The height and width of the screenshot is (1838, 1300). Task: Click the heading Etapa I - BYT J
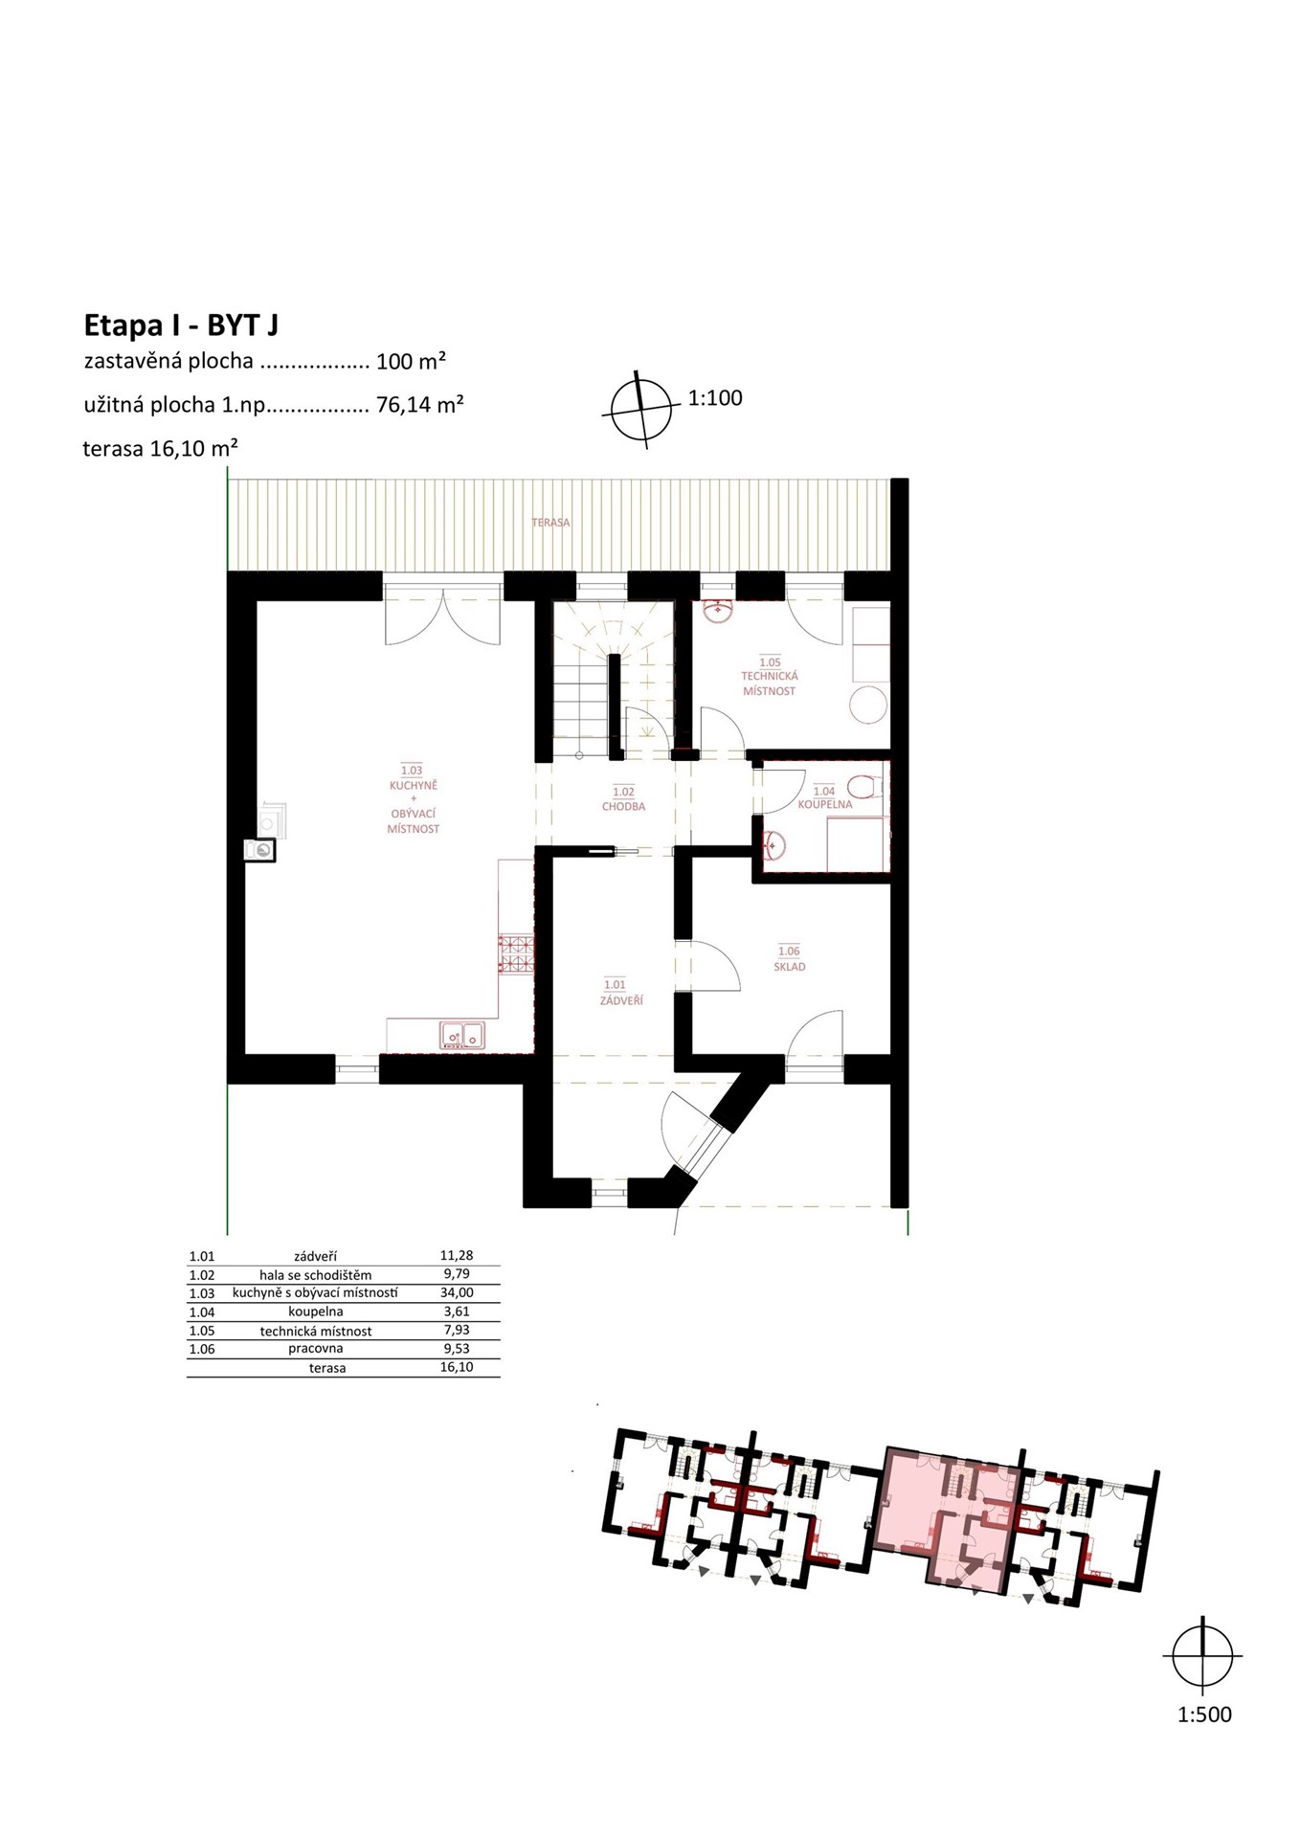pyautogui.click(x=181, y=325)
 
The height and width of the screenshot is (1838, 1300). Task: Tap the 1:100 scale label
pyautogui.click(x=715, y=398)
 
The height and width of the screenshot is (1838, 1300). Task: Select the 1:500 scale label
pyautogui.click(x=1204, y=1715)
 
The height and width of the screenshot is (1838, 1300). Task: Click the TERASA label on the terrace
pyautogui.click(x=550, y=523)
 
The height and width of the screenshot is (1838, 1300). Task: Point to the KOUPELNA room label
pyautogui.click(x=824, y=804)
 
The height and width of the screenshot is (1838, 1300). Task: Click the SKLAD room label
pyautogui.click(x=790, y=967)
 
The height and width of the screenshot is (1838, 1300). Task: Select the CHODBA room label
pyautogui.click(x=623, y=806)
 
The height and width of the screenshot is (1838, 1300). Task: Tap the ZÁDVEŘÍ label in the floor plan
pyautogui.click(x=621, y=1000)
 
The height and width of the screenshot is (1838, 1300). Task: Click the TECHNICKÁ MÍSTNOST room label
pyautogui.click(x=770, y=684)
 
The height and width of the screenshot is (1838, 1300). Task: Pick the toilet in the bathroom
pyautogui.click(x=862, y=786)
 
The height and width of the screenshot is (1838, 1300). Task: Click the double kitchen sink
pyautogui.click(x=462, y=1035)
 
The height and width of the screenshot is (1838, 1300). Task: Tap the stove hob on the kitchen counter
pyautogui.click(x=516, y=953)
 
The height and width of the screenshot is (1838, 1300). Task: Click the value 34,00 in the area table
pyautogui.click(x=457, y=1292)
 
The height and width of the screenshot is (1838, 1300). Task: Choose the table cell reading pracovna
pyautogui.click(x=316, y=1349)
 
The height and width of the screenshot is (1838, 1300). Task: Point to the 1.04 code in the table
pyautogui.click(x=202, y=1312)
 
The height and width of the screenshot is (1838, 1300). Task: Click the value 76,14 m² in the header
pyautogui.click(x=420, y=405)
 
